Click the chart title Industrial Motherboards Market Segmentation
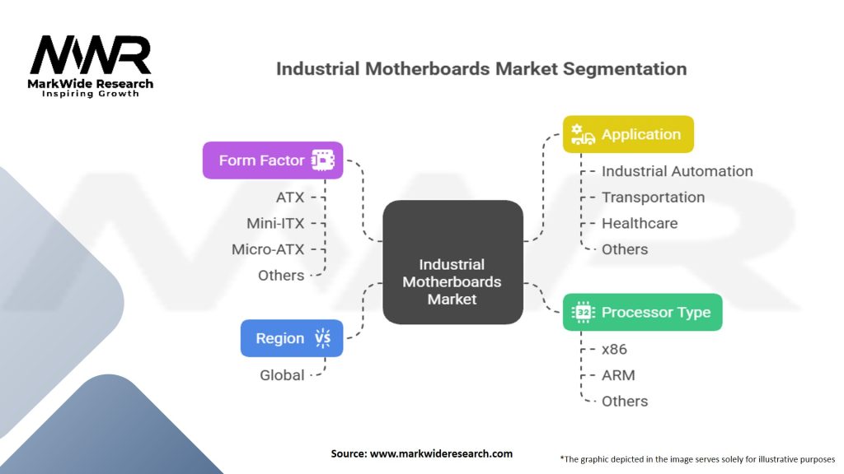pos(481,68)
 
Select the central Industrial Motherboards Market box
pos(452,262)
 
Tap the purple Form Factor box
pos(273,160)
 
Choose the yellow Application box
pos(628,134)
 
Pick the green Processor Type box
pos(642,313)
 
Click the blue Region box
pos(292,338)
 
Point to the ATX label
pos(290,197)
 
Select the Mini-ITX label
pos(275,223)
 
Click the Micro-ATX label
pos(268,249)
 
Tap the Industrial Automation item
pos(677,171)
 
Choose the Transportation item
pos(653,197)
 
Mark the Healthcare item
pos(640,223)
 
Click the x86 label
pos(614,349)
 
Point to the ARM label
pos(618,375)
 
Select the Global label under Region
pos(282,375)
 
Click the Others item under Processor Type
pos(625,402)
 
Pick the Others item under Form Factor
pos(280,275)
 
